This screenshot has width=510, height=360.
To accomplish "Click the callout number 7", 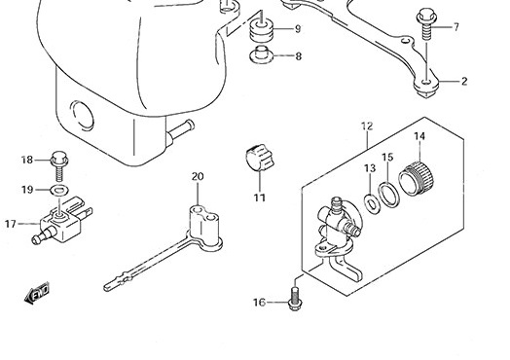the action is coord(456,26).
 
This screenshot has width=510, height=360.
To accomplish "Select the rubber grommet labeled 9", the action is coord(262,30).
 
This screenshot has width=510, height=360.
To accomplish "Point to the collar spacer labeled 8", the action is coord(261,55).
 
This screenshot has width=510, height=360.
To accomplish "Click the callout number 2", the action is coord(464,82).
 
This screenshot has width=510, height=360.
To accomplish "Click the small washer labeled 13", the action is coord(372,204).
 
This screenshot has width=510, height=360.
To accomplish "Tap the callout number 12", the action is coord(367,126).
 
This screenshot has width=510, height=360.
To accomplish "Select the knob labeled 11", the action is coord(259,158).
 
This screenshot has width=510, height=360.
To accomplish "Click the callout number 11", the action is coord(260,198).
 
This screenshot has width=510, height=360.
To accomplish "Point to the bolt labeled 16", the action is coord(294,298).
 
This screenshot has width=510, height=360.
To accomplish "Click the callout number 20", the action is coord(198,176).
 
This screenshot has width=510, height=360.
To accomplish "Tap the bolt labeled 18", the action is coord(59,165).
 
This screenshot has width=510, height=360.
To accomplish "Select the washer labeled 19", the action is coord(58,190).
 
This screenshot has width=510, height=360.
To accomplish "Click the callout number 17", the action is coord(11,224).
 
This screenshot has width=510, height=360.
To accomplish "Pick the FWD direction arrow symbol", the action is coord(37,292).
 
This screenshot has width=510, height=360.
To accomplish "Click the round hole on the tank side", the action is coord(83,116).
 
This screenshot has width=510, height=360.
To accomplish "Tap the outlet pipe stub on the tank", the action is coord(180,130).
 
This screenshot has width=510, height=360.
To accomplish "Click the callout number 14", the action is coord(419,136).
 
